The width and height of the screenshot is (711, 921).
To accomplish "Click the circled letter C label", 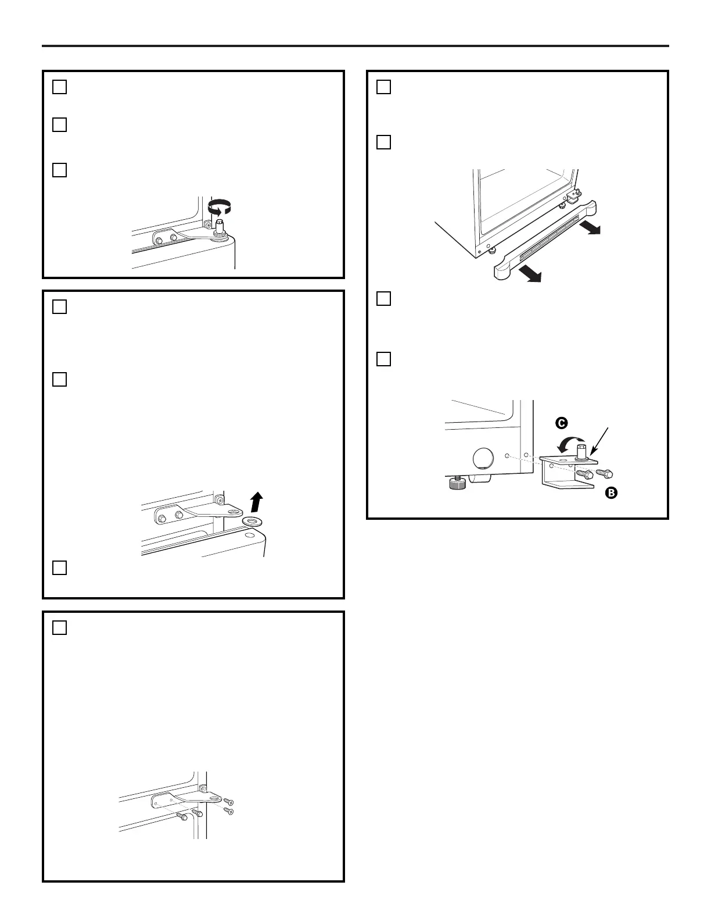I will pyautogui.click(x=561, y=423).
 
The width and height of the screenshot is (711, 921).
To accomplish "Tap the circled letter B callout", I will pyautogui.click(x=611, y=493).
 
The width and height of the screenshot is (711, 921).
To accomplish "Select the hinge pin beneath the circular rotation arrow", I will pyautogui.click(x=220, y=226).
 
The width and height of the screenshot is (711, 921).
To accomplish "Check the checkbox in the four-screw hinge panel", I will pyautogui.click(x=60, y=628).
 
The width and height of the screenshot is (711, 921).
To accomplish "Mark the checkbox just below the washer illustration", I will pyautogui.click(x=60, y=567).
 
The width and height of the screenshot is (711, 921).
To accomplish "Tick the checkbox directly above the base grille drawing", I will pyautogui.click(x=383, y=142).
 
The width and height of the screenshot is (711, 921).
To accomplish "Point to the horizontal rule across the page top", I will pyautogui.click(x=355, y=46).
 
